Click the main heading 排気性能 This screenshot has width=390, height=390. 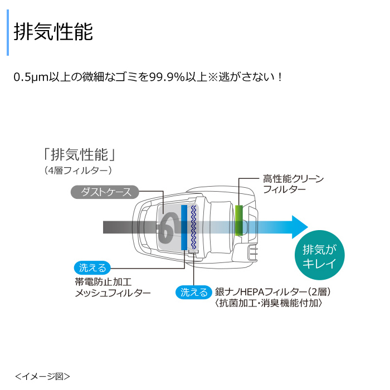click(53, 32)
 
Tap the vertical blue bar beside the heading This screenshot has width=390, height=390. click(8, 32)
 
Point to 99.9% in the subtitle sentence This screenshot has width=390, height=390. click(167, 77)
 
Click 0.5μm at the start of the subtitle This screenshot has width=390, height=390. click(31, 77)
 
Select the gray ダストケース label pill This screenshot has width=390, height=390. click(105, 192)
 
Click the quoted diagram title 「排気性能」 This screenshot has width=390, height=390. click(80, 155)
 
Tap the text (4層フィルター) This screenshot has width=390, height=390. click(78, 170)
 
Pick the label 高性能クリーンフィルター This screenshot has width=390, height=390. click(293, 184)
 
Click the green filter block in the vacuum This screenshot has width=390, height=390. click(239, 221)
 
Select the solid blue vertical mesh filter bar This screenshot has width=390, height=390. click(184, 227)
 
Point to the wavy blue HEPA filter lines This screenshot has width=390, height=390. click(193, 227)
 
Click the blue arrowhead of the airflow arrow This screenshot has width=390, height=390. click(300, 227)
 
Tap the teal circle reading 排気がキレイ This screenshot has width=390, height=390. click(320, 255)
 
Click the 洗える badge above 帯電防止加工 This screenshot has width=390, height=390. click(92, 268)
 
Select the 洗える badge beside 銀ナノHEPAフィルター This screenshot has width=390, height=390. click(194, 292)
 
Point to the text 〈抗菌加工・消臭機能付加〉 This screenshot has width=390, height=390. click(269, 303)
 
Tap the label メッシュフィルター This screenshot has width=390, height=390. click(113, 293)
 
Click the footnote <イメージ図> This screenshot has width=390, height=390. click(42, 376)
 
